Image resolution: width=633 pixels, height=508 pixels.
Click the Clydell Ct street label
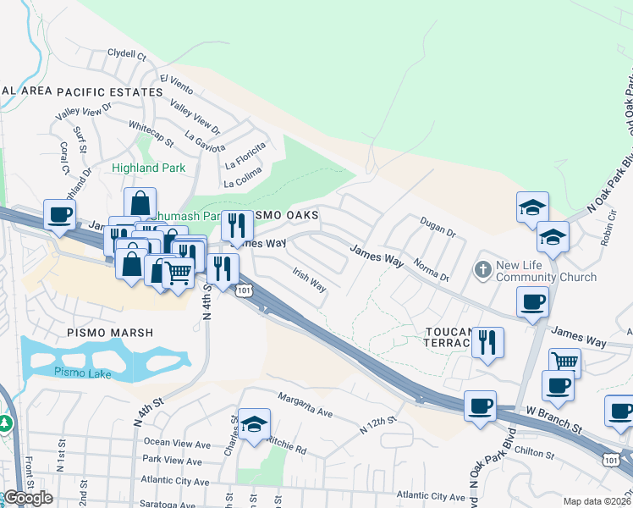coord(128,54)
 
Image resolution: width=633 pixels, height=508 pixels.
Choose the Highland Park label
coord(148,168)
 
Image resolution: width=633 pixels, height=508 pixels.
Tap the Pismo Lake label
coord(79,372)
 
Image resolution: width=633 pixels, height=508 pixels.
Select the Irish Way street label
coord(309,280)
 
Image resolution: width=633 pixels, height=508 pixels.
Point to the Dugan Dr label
coord(438,225)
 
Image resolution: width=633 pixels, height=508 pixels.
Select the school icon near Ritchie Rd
coord(254,425)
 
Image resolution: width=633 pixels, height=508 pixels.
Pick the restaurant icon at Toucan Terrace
coord(487,342)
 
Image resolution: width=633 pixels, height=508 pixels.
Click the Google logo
coord(28,498)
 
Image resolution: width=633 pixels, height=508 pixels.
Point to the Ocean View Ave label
coord(177,443)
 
